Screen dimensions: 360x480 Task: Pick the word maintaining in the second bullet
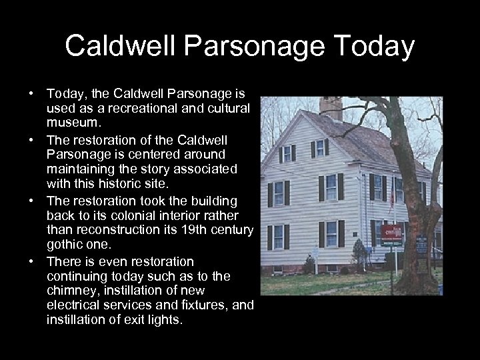81,169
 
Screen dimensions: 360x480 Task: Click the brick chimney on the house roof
331,108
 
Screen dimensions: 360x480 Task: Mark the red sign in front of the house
391,234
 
